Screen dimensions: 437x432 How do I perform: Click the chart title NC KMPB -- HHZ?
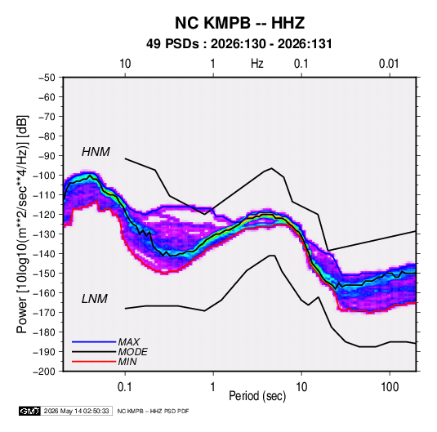239,23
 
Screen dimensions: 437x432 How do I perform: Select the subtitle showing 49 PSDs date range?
239,44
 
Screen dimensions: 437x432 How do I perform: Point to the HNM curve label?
96,152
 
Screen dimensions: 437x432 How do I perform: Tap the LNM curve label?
95,299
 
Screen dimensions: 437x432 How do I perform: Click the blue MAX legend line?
94,342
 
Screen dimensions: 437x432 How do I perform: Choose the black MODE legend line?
94,352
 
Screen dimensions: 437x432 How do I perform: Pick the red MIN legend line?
94,362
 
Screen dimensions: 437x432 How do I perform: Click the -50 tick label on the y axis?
47,78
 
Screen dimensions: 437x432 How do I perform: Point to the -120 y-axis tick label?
44,215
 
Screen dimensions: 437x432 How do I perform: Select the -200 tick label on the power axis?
44,372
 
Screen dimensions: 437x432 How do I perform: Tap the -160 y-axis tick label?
44,293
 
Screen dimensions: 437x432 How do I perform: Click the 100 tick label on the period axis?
390,387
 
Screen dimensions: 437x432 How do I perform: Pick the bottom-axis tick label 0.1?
125,387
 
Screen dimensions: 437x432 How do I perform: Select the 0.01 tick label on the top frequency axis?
389,64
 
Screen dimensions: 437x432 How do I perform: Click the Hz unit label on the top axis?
257,64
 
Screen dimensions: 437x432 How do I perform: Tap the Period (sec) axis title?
257,396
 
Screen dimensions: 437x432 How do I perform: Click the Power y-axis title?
22,224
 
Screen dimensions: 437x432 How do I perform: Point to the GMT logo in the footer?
30,411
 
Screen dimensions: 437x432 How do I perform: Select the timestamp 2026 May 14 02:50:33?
76,411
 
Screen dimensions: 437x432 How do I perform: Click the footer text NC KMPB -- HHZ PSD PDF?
153,411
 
